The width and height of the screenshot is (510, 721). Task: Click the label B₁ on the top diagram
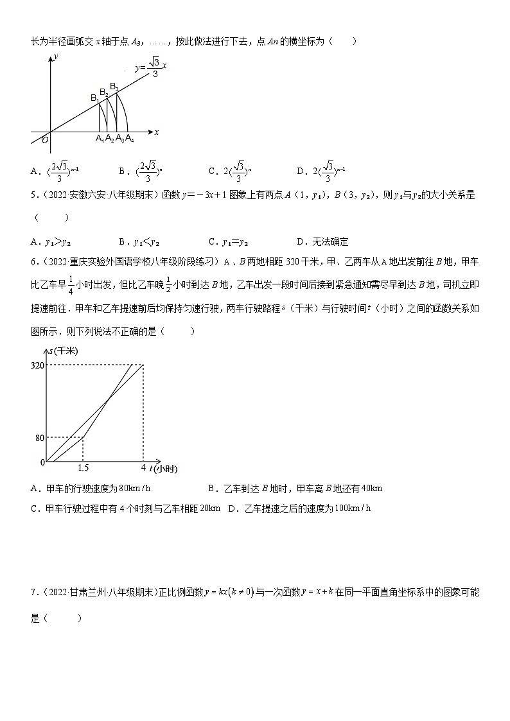point(94,98)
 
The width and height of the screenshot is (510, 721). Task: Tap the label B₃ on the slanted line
point(114,86)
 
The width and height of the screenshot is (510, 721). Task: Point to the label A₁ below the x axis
point(100,139)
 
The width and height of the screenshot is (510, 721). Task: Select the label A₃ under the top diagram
point(119,139)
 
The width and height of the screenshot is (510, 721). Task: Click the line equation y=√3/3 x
point(150,66)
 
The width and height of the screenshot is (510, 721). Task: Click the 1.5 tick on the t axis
point(83,469)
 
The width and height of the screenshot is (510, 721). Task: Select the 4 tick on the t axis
point(143,469)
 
